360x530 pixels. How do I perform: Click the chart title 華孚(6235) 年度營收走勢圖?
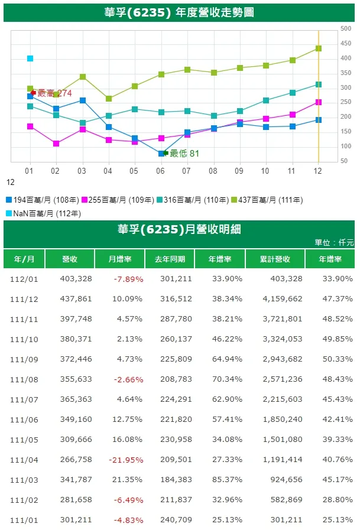point(179,12)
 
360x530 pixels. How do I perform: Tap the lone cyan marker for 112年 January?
point(30,58)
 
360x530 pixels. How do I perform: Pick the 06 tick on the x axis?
point(160,171)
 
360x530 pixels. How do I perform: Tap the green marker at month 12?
point(319,48)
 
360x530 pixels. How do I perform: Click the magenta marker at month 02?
point(56,144)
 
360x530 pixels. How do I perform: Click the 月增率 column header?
point(120,259)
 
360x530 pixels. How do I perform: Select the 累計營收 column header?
point(275,259)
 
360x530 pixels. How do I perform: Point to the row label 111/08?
point(24,380)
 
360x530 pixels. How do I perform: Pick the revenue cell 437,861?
point(76,299)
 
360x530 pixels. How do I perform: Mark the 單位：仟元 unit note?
point(334,243)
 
